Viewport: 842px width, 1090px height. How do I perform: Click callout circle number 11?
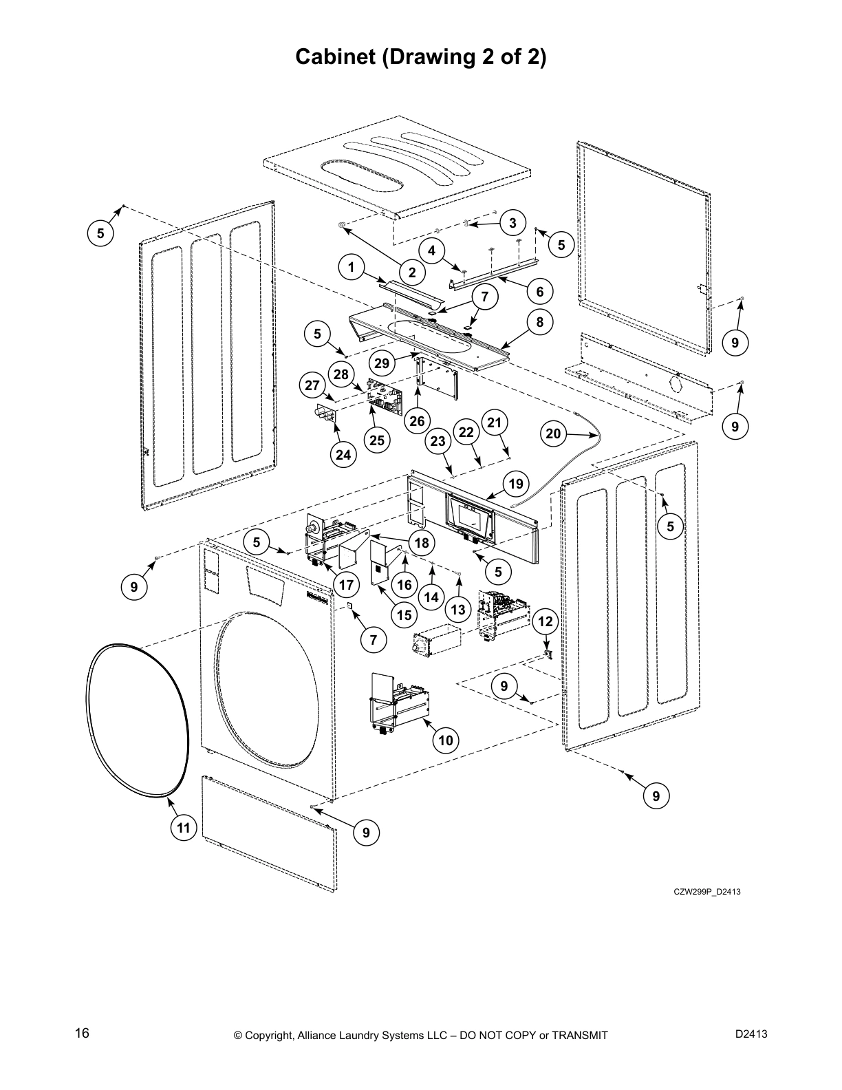click(183, 828)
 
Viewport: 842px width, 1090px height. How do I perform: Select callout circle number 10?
click(446, 740)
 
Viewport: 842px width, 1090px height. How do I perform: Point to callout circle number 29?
click(382, 363)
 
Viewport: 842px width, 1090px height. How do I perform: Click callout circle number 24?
click(343, 454)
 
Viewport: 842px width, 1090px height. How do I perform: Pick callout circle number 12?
click(545, 622)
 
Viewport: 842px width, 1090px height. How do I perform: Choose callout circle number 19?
click(516, 484)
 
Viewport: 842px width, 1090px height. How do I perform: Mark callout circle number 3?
click(512, 223)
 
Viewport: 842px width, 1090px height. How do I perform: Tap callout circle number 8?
click(540, 321)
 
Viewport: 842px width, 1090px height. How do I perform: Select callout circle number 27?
click(313, 385)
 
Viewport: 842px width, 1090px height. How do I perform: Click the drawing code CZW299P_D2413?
click(706, 893)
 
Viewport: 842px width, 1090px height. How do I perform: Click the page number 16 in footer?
click(82, 1034)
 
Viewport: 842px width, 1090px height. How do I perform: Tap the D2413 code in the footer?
click(751, 1034)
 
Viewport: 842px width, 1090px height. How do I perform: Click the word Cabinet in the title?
click(333, 57)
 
